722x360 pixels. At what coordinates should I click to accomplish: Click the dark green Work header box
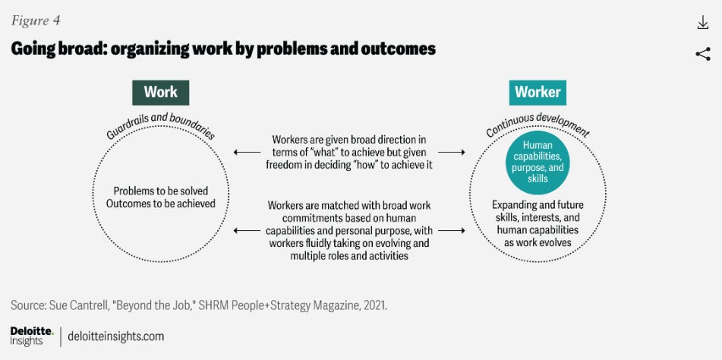160,92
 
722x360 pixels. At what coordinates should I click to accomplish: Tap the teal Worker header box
538,92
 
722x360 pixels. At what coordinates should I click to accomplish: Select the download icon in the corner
702,23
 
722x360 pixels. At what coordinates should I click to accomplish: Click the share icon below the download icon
702,53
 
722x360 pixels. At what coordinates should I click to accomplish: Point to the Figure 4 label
36,20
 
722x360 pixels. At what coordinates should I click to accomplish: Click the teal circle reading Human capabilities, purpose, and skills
538,162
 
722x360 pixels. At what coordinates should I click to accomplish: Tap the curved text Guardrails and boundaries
160,125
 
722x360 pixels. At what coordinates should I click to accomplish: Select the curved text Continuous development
538,124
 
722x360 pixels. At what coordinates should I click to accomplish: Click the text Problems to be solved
160,191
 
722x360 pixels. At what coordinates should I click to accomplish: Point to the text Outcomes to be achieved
160,204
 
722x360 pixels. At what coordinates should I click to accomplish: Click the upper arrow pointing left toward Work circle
247,153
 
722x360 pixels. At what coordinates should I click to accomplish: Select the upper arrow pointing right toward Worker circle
452,153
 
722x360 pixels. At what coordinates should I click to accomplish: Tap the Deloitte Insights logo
31,336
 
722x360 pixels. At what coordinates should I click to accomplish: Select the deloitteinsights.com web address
116,336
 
